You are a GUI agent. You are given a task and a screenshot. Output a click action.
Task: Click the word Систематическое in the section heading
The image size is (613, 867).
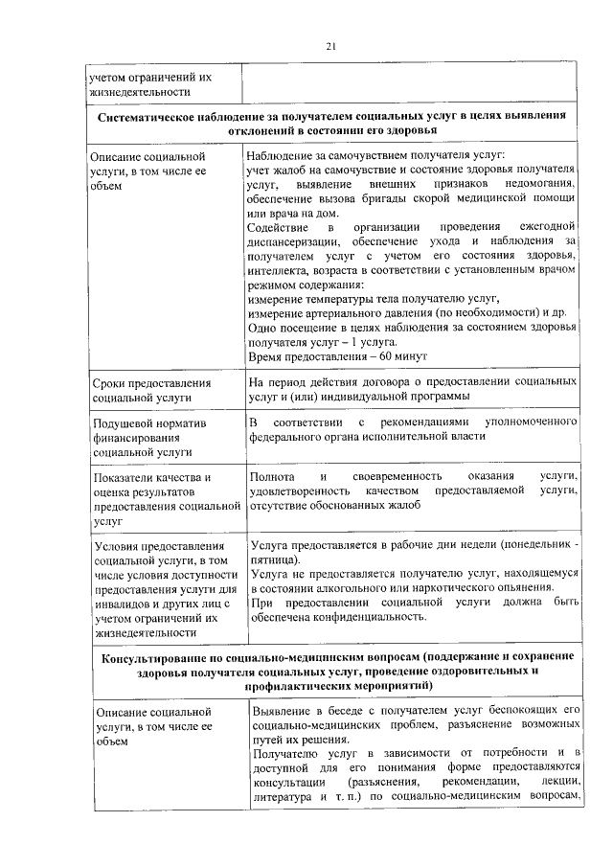click(155, 115)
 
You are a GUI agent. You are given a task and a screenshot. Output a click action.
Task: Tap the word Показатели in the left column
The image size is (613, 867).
click(125, 477)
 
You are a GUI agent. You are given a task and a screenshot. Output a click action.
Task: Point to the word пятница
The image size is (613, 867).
click(271, 559)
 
